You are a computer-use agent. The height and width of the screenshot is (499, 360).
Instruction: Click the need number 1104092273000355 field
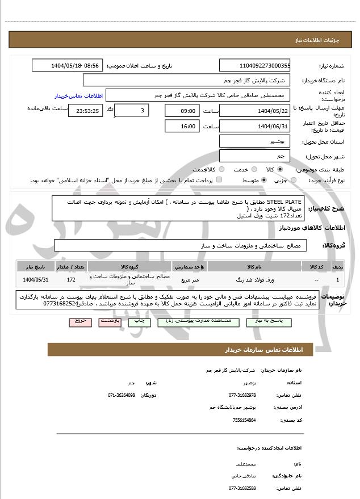(x=254, y=66)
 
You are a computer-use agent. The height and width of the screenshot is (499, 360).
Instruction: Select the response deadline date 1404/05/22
(x=254, y=111)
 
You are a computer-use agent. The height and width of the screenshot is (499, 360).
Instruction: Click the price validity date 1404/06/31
(x=254, y=126)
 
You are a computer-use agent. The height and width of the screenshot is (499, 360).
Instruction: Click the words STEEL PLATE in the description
(x=286, y=202)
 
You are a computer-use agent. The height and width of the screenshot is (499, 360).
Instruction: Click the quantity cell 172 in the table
(x=71, y=280)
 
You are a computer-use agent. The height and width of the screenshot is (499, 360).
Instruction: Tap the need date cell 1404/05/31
(x=36, y=280)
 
